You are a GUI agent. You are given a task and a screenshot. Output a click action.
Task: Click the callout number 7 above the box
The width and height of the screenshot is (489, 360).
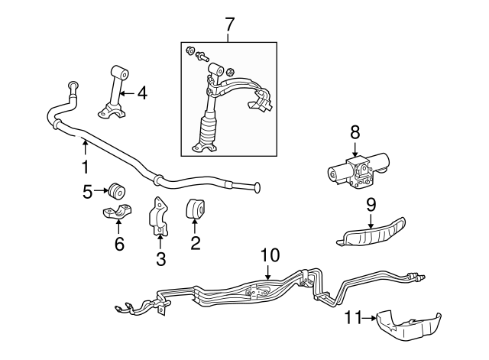229,24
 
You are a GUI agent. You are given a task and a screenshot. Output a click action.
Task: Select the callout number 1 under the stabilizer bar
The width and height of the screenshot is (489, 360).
85,167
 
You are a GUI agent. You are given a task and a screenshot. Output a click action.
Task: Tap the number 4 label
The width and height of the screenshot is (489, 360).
142,93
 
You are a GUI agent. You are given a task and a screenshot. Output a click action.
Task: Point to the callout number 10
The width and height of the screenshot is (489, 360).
270,255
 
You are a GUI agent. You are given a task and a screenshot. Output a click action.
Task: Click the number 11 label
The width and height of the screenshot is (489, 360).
353,317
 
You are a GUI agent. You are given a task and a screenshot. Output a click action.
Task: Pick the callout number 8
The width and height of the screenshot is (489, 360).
355,132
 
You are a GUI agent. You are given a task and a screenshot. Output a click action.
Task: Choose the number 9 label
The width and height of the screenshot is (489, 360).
371,205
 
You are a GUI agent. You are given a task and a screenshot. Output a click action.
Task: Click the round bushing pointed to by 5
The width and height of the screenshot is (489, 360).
117,191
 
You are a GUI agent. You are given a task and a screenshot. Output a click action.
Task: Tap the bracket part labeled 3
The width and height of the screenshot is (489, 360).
159,216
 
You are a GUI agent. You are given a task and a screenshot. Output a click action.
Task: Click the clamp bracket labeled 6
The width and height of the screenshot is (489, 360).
117,212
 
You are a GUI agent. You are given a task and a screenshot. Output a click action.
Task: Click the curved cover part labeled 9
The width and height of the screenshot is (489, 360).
371,232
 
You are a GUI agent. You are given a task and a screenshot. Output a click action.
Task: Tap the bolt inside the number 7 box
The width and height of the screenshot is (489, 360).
202,57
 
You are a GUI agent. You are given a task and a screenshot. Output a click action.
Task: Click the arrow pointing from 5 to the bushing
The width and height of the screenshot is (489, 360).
101,190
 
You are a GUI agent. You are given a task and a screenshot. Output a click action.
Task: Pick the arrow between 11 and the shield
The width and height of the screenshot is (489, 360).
369,318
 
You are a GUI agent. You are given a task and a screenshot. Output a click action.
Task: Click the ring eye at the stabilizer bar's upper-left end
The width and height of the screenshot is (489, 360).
73,85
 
